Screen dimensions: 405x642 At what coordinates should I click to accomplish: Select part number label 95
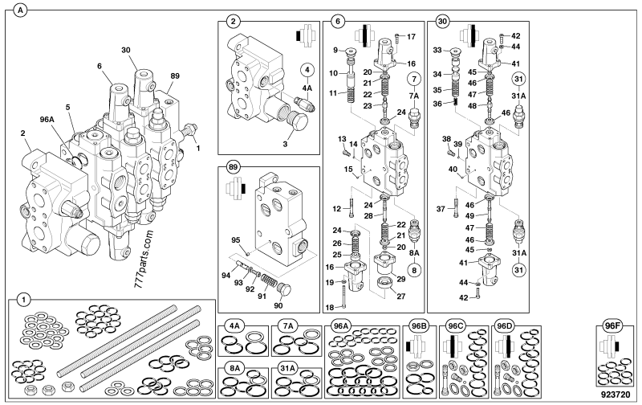click(x=236, y=239)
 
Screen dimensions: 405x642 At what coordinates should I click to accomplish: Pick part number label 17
click(x=412, y=37)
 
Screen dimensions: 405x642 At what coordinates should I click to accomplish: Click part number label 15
click(x=349, y=170)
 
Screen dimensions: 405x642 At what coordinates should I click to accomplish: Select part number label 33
click(x=437, y=50)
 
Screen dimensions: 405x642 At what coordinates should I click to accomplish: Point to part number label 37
click(x=441, y=209)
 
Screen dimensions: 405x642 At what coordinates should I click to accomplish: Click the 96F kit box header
click(x=612, y=326)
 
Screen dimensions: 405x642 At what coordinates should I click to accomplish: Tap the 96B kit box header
click(x=418, y=326)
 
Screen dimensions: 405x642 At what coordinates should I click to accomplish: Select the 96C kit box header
click(x=456, y=326)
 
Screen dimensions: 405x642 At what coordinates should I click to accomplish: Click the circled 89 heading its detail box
click(x=233, y=170)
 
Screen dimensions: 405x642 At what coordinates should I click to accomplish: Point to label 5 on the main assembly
click(x=67, y=106)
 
